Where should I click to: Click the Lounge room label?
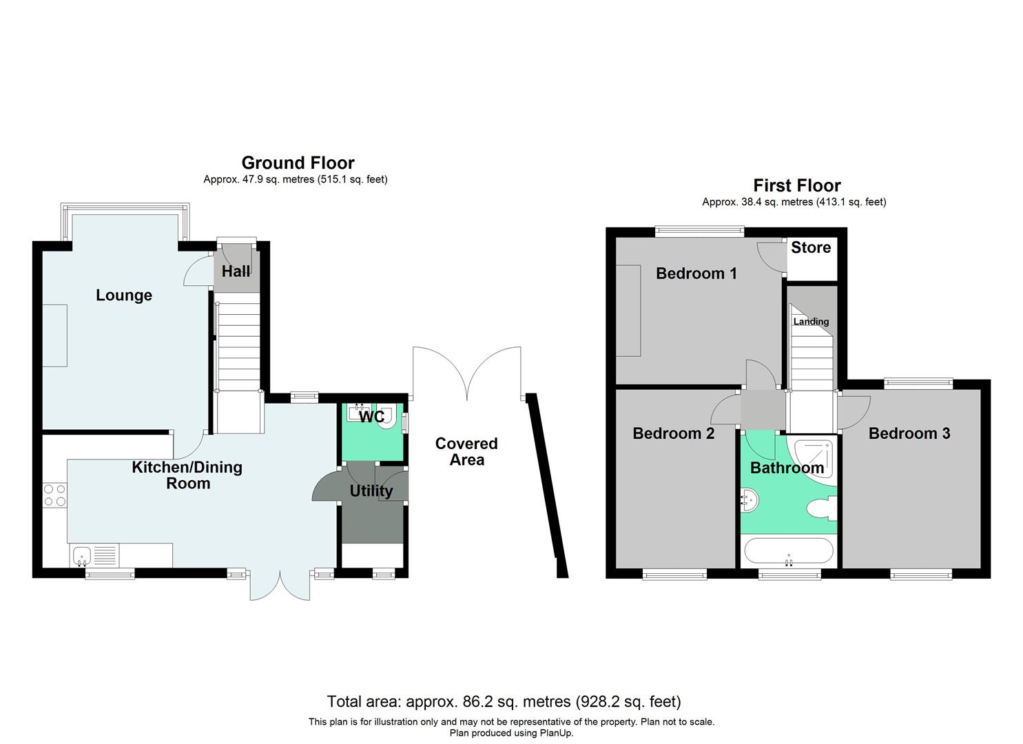(124, 296)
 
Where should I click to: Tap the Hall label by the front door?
(236, 271)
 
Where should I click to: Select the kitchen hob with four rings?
(55, 495)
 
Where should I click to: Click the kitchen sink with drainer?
(94, 555)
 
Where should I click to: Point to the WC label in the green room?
(371, 417)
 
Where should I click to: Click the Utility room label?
(371, 491)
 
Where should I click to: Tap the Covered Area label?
(466, 452)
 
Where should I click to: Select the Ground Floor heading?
(298, 163)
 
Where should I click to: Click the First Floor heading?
(796, 186)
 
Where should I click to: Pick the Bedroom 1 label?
(696, 273)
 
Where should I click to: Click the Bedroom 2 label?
(673, 433)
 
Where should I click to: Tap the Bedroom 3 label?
(909, 433)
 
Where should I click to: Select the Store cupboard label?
(811, 248)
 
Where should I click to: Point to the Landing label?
(811, 322)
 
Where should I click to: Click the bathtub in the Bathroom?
(788, 552)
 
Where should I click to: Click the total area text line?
(504, 702)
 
